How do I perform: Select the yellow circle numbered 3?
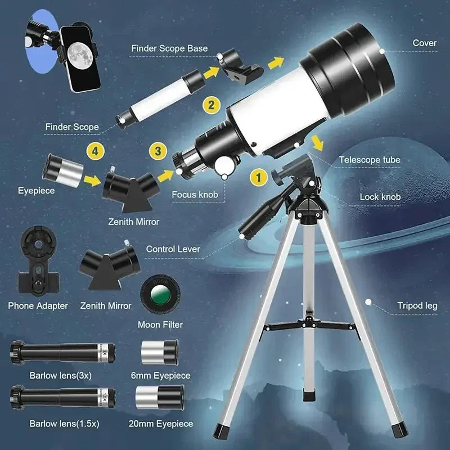158,151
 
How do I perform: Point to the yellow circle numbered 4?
95,151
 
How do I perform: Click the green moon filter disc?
160,293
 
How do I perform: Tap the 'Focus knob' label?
195,195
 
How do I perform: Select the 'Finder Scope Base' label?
169,48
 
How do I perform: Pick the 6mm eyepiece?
160,353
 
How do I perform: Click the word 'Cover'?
424,43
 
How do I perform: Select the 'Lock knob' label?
380,197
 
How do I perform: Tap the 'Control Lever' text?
173,249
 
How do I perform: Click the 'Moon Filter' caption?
160,325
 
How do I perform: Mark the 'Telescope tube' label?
370,160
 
